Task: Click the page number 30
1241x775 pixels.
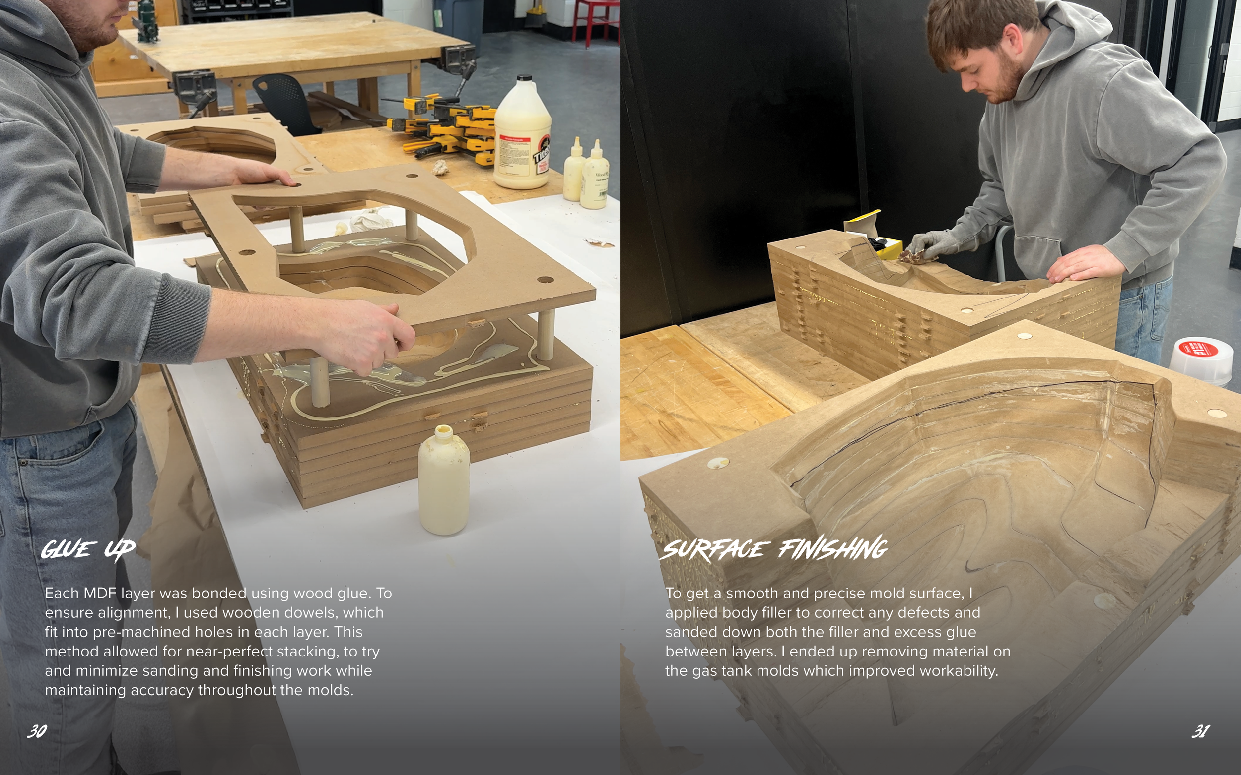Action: (x=37, y=731)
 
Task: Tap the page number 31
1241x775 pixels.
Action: (x=1200, y=731)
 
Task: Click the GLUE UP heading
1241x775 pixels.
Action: (x=88, y=549)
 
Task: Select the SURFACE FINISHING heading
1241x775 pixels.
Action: (x=775, y=548)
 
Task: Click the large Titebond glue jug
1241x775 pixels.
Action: (x=522, y=138)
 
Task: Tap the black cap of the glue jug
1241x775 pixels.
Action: (x=524, y=78)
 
